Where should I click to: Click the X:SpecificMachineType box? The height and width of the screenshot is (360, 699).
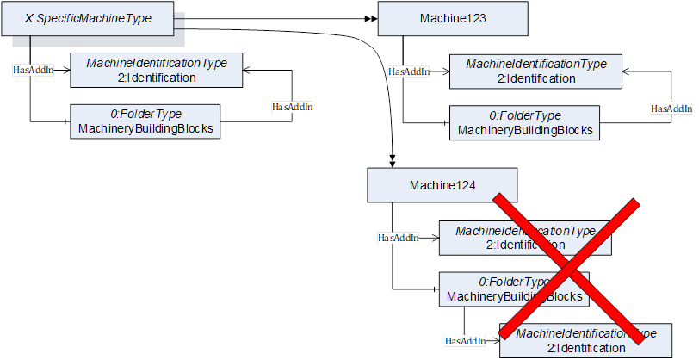[x=93, y=18]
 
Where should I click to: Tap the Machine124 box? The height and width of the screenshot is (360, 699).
[x=442, y=185]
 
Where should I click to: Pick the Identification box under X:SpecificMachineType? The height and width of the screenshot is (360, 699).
[x=156, y=71]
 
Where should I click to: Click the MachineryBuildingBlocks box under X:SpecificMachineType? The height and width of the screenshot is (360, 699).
[x=145, y=121]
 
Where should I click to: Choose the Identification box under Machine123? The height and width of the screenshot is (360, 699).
[x=536, y=71]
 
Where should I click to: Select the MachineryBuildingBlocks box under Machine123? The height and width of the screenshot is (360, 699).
[x=524, y=123]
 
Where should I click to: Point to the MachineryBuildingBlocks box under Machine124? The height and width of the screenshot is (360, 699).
[x=514, y=289]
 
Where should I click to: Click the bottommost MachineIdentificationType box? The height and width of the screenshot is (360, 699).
[x=585, y=340]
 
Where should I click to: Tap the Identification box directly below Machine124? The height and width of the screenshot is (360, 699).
[x=525, y=238]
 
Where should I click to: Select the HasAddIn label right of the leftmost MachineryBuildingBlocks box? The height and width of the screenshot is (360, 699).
[x=292, y=107]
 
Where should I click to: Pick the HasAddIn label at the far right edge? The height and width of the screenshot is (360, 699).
[x=671, y=109]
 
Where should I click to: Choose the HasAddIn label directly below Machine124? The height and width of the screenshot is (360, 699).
[x=398, y=237]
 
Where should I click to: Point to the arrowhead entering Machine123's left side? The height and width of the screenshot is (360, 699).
[x=374, y=18]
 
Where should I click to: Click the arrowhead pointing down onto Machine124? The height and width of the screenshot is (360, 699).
[x=393, y=161]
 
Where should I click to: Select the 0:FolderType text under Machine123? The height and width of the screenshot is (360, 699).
[x=524, y=115]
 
